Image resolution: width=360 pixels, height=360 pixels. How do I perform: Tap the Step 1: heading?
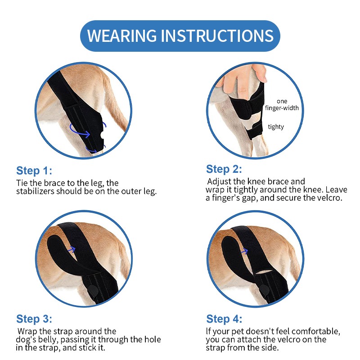(x=34, y=171)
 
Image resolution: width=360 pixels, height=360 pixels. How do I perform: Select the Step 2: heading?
(x=224, y=169)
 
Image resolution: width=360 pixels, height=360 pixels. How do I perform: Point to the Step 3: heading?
(x=34, y=319)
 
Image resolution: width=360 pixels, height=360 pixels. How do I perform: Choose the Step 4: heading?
(x=224, y=319)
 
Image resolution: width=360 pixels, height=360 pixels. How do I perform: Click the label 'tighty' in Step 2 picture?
(x=276, y=127)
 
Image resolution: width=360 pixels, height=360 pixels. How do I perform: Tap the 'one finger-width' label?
(x=282, y=105)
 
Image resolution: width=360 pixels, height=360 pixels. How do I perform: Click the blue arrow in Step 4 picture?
(x=245, y=248)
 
